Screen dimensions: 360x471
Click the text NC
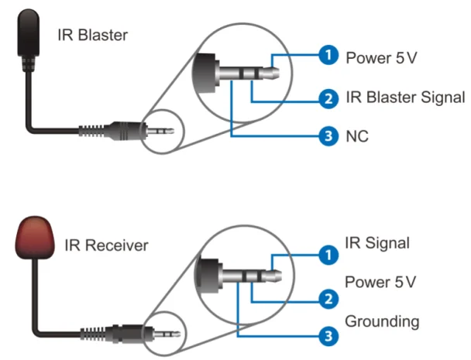coord(358,136)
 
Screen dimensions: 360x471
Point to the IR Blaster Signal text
coord(404,98)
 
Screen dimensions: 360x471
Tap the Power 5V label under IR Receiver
coord(381,281)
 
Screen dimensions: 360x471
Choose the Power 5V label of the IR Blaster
coord(381,57)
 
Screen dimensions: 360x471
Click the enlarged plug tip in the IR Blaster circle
coord(267,73)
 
